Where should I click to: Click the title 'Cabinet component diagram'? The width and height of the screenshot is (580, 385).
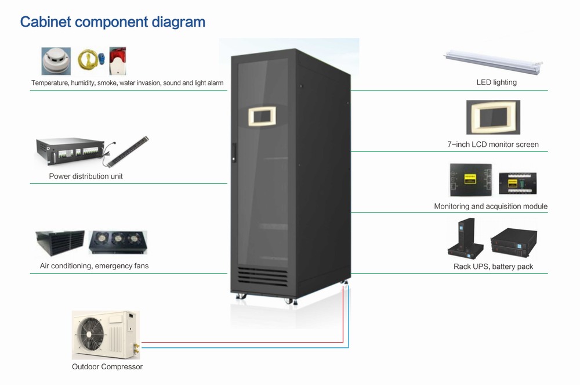(113, 22)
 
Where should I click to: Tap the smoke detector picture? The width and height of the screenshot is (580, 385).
(56, 61)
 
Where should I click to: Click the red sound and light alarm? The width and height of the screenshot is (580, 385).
(118, 62)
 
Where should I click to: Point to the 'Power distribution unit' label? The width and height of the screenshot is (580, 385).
(86, 176)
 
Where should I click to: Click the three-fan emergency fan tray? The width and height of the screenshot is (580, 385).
(118, 243)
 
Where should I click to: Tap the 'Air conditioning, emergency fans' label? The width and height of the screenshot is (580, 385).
(90, 266)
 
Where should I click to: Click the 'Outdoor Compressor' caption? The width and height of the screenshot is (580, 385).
(107, 366)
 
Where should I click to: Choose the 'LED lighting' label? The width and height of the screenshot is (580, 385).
(496, 82)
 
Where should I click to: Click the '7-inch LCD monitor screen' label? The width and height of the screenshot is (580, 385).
(493, 144)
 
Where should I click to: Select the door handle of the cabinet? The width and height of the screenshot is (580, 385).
(234, 152)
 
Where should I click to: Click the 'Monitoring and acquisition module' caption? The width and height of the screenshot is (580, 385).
(491, 206)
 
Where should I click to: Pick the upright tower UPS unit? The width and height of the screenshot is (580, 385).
(464, 237)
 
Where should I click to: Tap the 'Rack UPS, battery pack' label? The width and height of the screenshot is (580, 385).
(493, 267)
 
